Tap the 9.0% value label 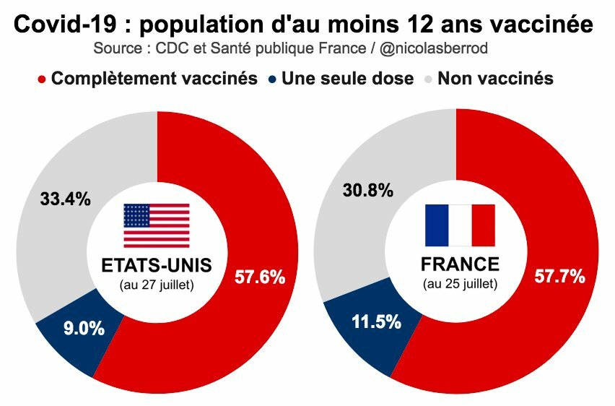[83, 328]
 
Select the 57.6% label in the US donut [261, 277]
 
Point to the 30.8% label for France [368, 191]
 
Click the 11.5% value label [376, 321]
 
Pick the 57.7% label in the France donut [559, 276]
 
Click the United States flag [157, 225]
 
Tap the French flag [460, 225]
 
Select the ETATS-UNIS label [157, 266]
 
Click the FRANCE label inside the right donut [460, 264]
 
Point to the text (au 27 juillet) [157, 285]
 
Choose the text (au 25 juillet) [460, 284]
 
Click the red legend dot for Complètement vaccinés [41, 79]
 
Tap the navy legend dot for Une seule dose [272, 79]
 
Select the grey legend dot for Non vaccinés [428, 79]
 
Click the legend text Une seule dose [348, 79]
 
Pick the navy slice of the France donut [361, 332]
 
